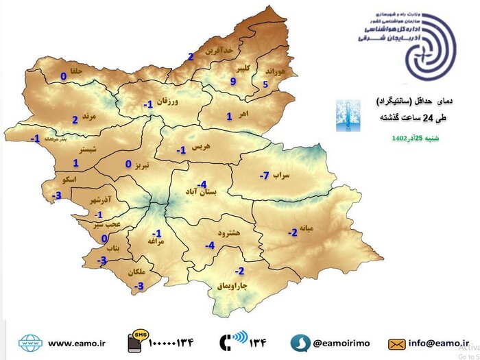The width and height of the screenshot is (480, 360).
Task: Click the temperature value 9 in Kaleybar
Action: point(233,82)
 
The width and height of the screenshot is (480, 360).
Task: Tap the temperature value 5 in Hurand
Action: point(265,84)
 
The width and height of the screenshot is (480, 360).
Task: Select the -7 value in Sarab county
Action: point(263,176)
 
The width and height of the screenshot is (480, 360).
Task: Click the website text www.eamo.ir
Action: point(76,342)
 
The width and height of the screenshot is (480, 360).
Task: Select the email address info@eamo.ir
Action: point(440,341)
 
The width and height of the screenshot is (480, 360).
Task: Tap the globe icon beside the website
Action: point(29,342)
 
